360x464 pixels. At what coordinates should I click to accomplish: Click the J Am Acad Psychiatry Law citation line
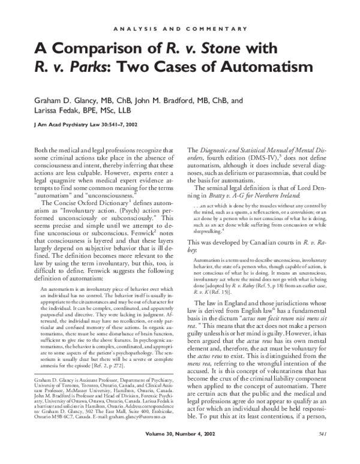coord(82,126)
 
